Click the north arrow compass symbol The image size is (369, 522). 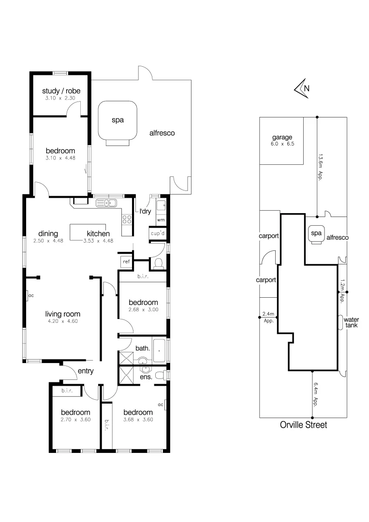tap(302, 88)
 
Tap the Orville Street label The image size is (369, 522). tap(303, 425)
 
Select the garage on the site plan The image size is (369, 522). tap(282, 140)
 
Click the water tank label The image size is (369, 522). tap(351, 322)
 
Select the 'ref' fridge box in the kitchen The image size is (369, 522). tap(126, 261)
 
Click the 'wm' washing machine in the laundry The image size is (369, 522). tap(161, 219)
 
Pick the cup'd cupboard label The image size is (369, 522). tap(158, 233)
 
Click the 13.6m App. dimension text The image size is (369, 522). tap(321, 166)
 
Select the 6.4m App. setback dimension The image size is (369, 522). tap(316, 394)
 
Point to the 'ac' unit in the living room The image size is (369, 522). tap(30, 295)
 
